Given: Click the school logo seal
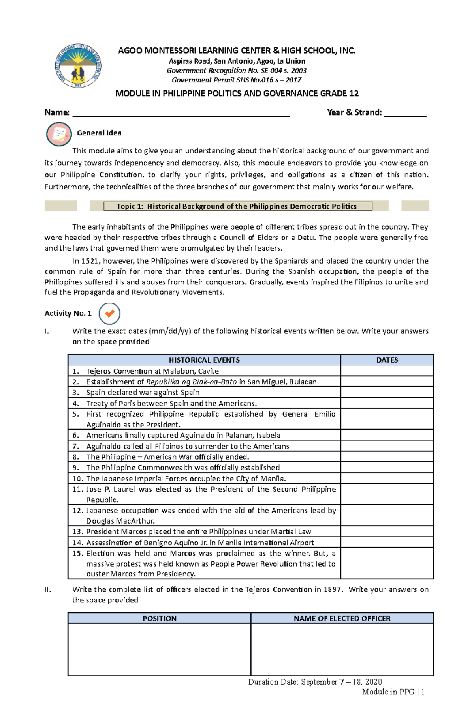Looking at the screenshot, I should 78,66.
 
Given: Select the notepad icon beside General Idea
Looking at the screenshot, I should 59,134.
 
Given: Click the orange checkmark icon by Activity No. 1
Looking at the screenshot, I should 109,313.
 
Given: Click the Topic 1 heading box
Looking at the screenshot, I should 237,206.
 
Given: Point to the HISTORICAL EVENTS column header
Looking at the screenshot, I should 204,360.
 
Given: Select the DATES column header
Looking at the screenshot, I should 387,360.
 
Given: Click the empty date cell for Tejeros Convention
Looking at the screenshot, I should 387,371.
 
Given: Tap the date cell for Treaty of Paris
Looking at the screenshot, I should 387,403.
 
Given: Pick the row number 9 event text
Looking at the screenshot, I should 182,468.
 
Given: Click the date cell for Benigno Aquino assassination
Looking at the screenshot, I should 387,543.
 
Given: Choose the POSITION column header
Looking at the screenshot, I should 159,618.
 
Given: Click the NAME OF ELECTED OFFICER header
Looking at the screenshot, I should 342,618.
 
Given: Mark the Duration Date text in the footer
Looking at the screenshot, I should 315,682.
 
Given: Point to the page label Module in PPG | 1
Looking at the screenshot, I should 393,692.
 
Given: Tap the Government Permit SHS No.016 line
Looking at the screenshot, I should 236,80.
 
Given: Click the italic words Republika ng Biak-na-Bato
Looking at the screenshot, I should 191,382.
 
